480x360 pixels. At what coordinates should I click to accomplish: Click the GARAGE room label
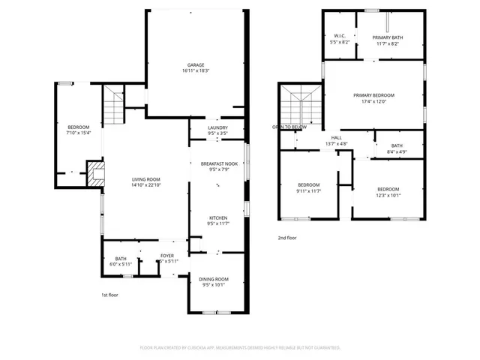point(195,65)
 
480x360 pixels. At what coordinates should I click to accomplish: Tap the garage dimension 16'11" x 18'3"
point(195,71)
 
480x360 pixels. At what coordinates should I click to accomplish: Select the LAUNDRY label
point(217,128)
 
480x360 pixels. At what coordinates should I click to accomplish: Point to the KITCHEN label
point(217,217)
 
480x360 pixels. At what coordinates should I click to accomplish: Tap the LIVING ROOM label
point(146,179)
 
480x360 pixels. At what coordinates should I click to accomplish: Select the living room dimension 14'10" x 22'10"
point(146,185)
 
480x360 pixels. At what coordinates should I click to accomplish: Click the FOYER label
point(167,256)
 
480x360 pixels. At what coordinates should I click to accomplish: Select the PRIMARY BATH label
point(388,37)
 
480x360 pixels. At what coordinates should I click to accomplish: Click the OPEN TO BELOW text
point(289,127)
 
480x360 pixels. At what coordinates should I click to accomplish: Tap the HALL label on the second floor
point(337,137)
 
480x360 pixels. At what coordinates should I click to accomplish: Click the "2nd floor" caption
point(287,238)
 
